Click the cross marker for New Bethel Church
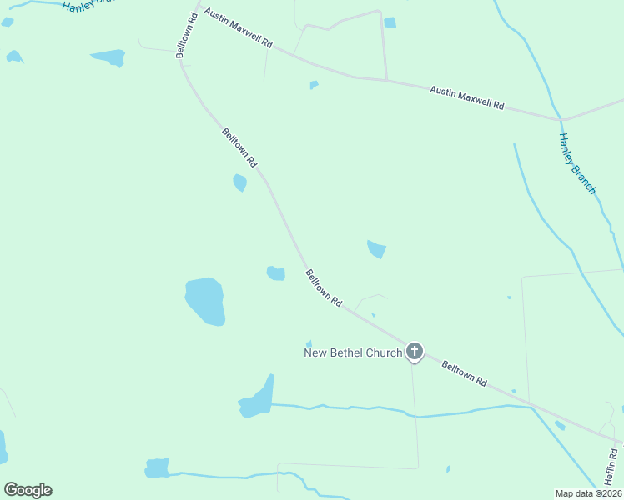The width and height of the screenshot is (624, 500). [x=415, y=352]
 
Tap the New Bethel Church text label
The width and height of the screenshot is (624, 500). [x=352, y=352]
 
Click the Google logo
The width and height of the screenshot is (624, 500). [x=28, y=490]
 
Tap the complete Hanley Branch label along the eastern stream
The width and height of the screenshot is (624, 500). [x=577, y=164]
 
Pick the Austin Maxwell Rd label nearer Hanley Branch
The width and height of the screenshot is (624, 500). [x=467, y=97]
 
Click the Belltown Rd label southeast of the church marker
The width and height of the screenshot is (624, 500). [x=464, y=372]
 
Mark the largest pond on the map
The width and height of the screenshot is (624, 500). [x=205, y=301]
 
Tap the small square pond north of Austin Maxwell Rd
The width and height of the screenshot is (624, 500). [x=390, y=22]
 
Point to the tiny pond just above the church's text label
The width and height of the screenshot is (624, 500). [x=309, y=343]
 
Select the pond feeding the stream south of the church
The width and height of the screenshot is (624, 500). [x=257, y=401]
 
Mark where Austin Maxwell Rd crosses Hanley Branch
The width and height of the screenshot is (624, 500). [x=561, y=120]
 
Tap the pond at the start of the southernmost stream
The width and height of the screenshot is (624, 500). [x=157, y=468]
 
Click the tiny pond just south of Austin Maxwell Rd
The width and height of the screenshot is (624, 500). [x=314, y=84]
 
